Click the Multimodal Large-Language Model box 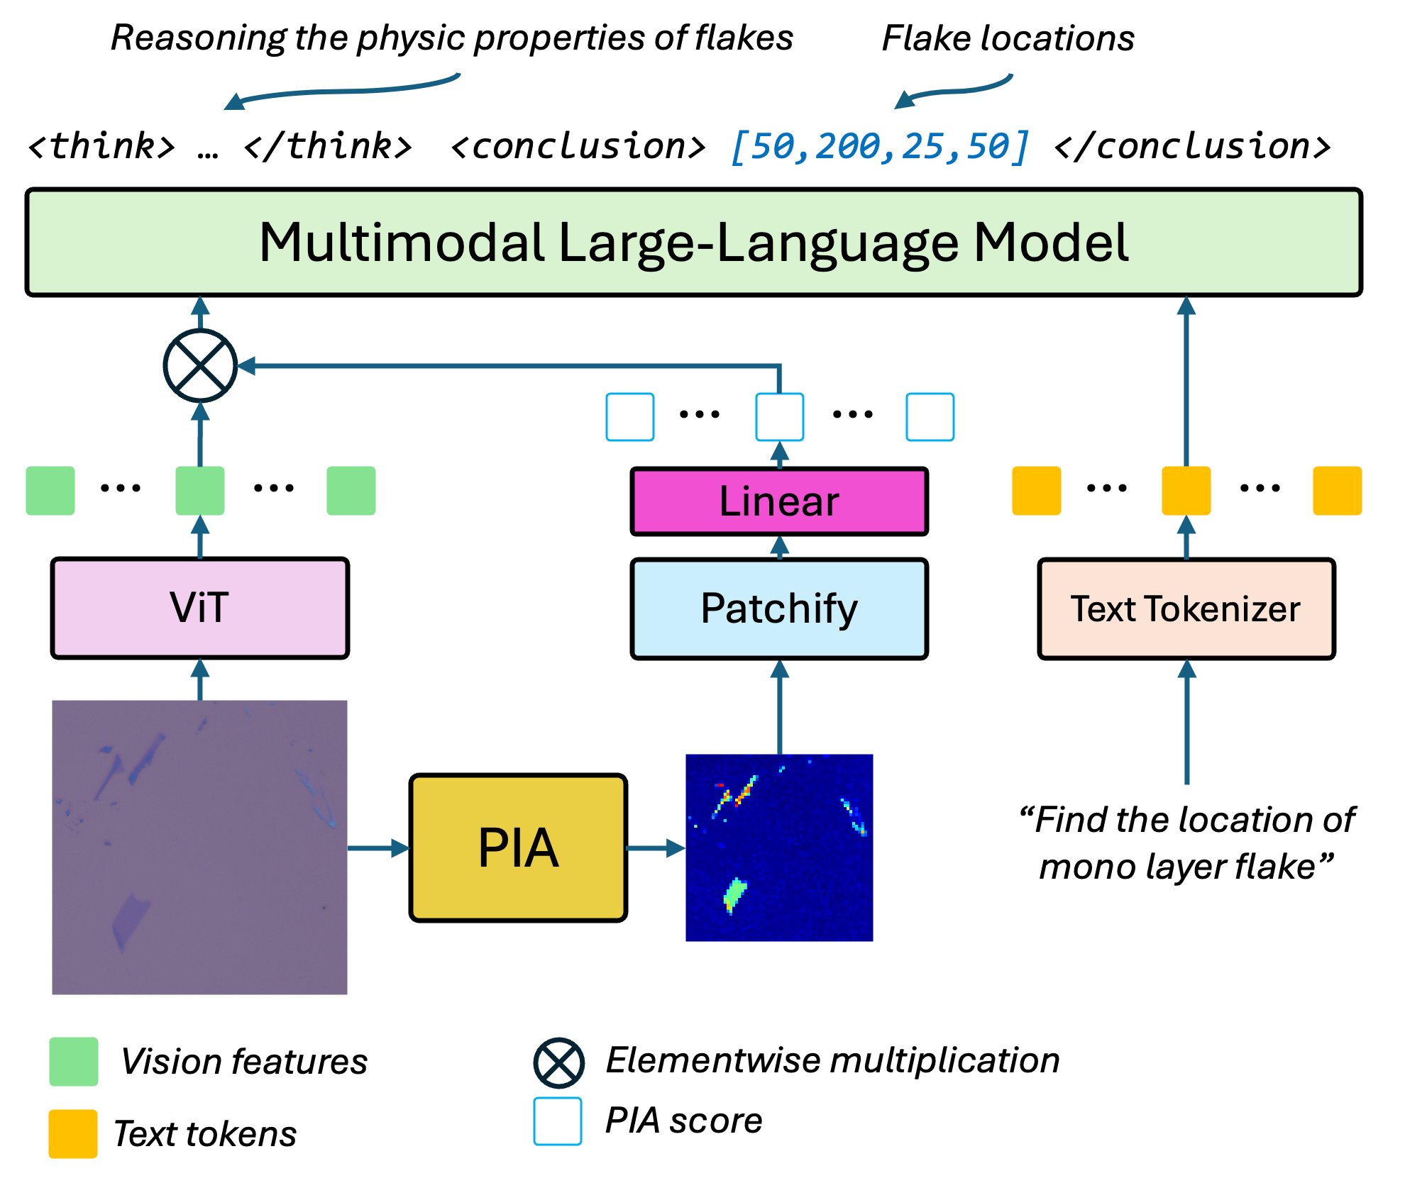693,242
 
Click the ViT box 200,608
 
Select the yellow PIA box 518,848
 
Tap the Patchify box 779,609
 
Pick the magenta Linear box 779,501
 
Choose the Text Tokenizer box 1186,609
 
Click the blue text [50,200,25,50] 880,147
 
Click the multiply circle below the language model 200,365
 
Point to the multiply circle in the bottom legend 558,1063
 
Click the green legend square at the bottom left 74,1062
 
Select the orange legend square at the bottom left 73,1134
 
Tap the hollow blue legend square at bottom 558,1121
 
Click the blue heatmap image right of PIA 779,848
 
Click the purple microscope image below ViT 200,848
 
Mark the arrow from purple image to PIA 380,848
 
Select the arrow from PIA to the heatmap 654,848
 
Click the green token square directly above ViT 200,491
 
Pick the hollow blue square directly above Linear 779,417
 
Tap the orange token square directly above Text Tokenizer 1186,491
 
